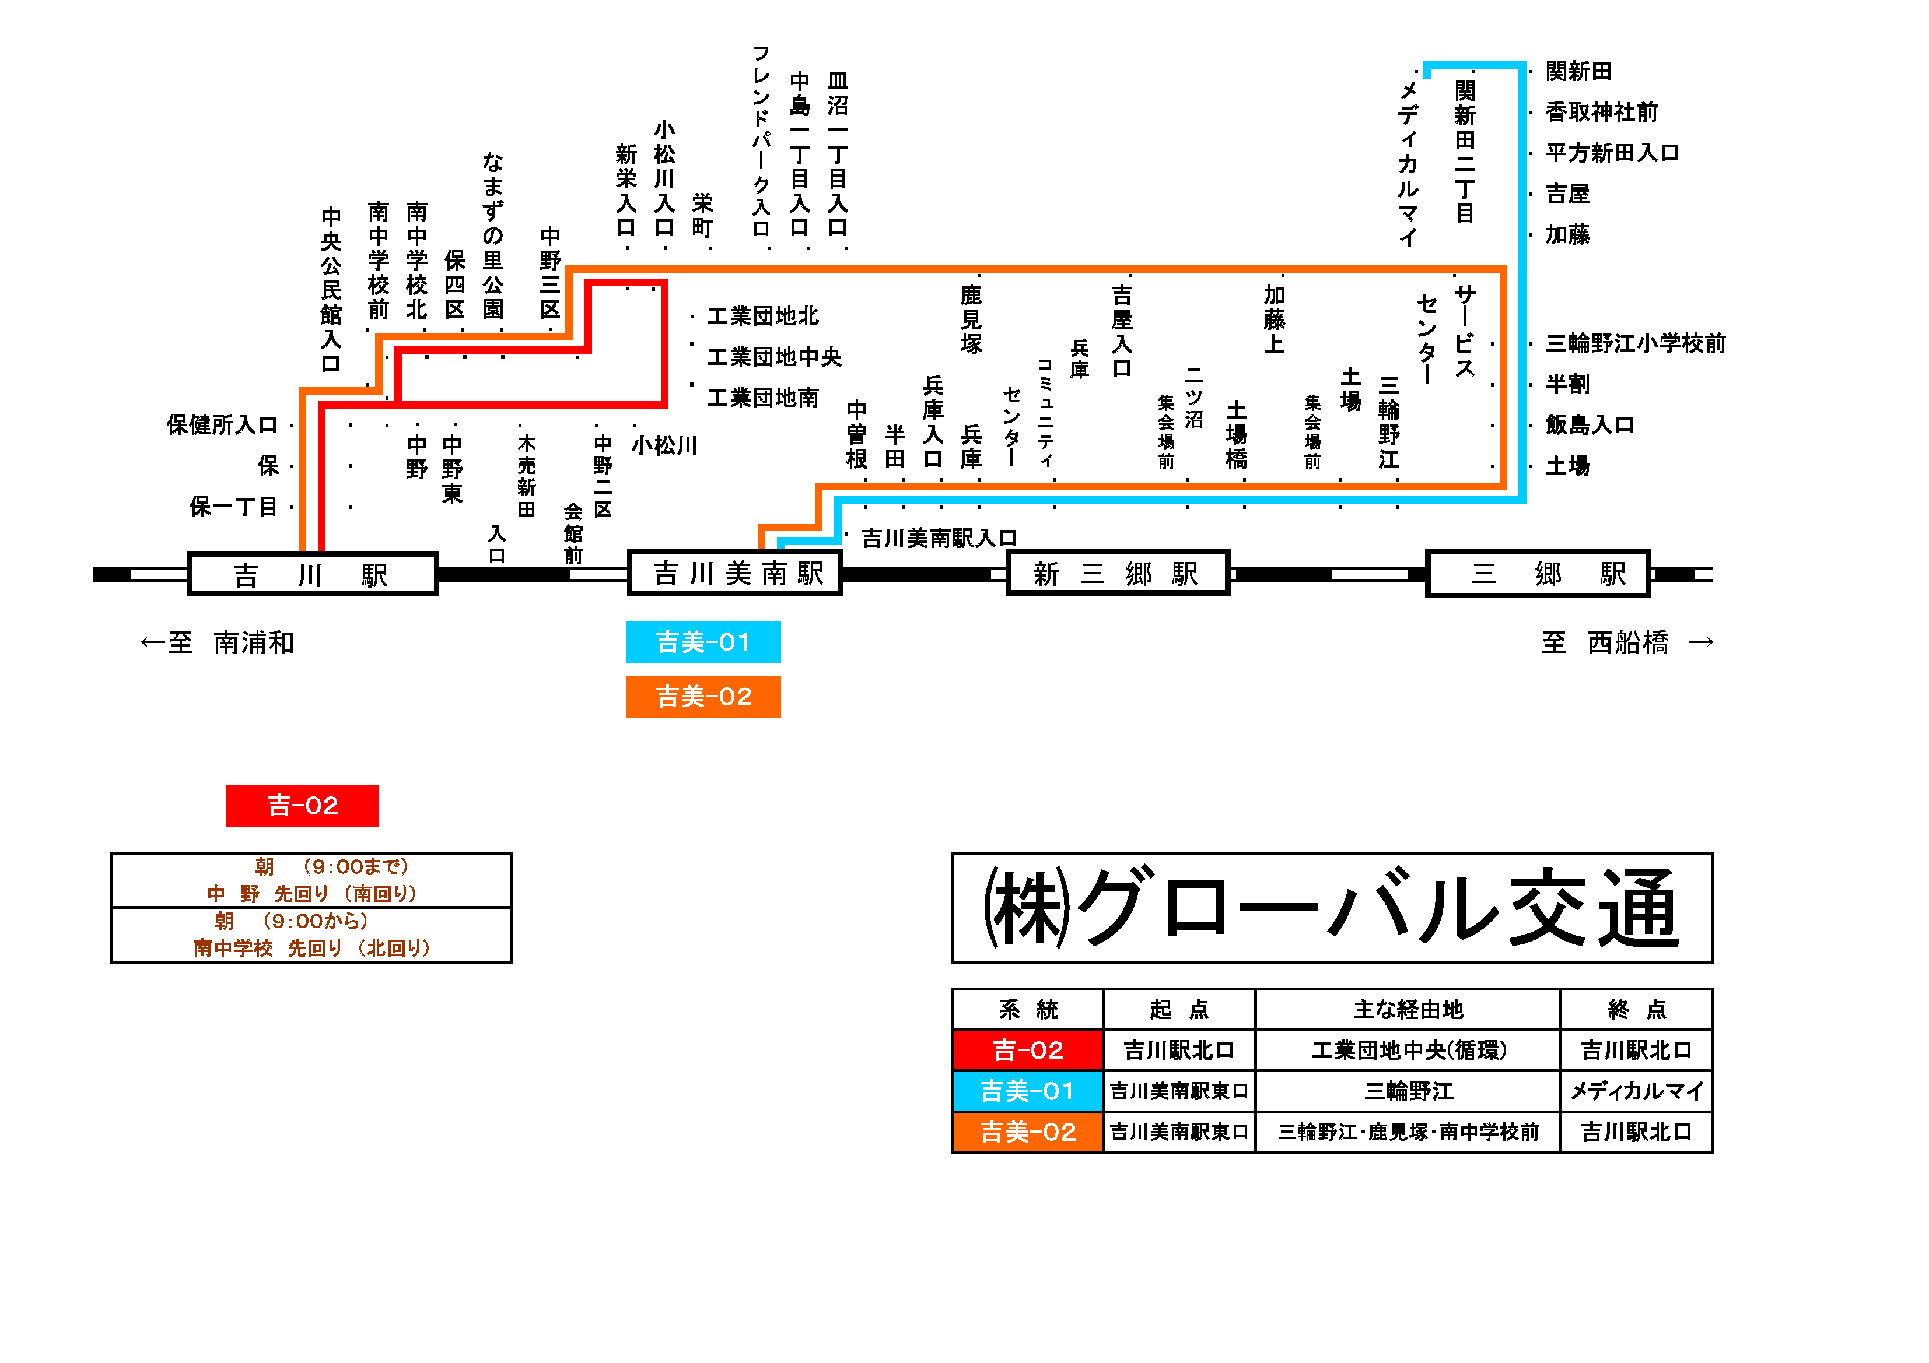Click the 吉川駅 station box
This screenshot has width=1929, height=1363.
(x=313, y=574)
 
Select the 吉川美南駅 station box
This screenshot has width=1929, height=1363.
(x=735, y=574)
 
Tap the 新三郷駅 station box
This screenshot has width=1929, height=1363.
(x=1118, y=574)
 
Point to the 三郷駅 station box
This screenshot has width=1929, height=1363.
(x=1538, y=574)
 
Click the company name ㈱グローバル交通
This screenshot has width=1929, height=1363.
(x=1332, y=908)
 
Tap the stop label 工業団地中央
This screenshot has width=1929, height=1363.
(x=774, y=357)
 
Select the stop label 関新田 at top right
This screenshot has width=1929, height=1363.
(x=1578, y=71)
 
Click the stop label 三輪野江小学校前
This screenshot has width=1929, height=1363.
(x=1635, y=343)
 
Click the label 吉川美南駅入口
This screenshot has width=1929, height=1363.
(x=939, y=538)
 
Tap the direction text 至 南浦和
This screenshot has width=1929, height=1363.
(x=218, y=643)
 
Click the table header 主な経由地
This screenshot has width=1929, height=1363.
(x=1408, y=1010)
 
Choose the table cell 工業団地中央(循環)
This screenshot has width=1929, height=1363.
(x=1408, y=1051)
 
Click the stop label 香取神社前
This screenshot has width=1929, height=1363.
(x=1601, y=113)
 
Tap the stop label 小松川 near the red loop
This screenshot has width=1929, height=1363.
(x=664, y=445)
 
